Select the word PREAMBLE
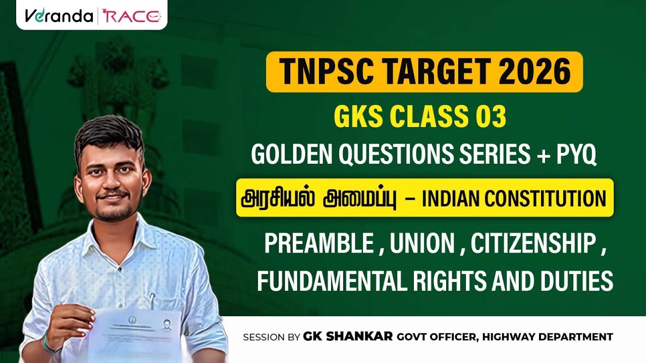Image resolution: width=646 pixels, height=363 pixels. point(318,245)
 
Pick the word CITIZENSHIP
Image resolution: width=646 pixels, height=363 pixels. point(532,245)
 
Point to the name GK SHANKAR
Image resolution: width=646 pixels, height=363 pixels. point(348,336)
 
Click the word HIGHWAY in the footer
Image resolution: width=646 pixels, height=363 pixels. point(509,337)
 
